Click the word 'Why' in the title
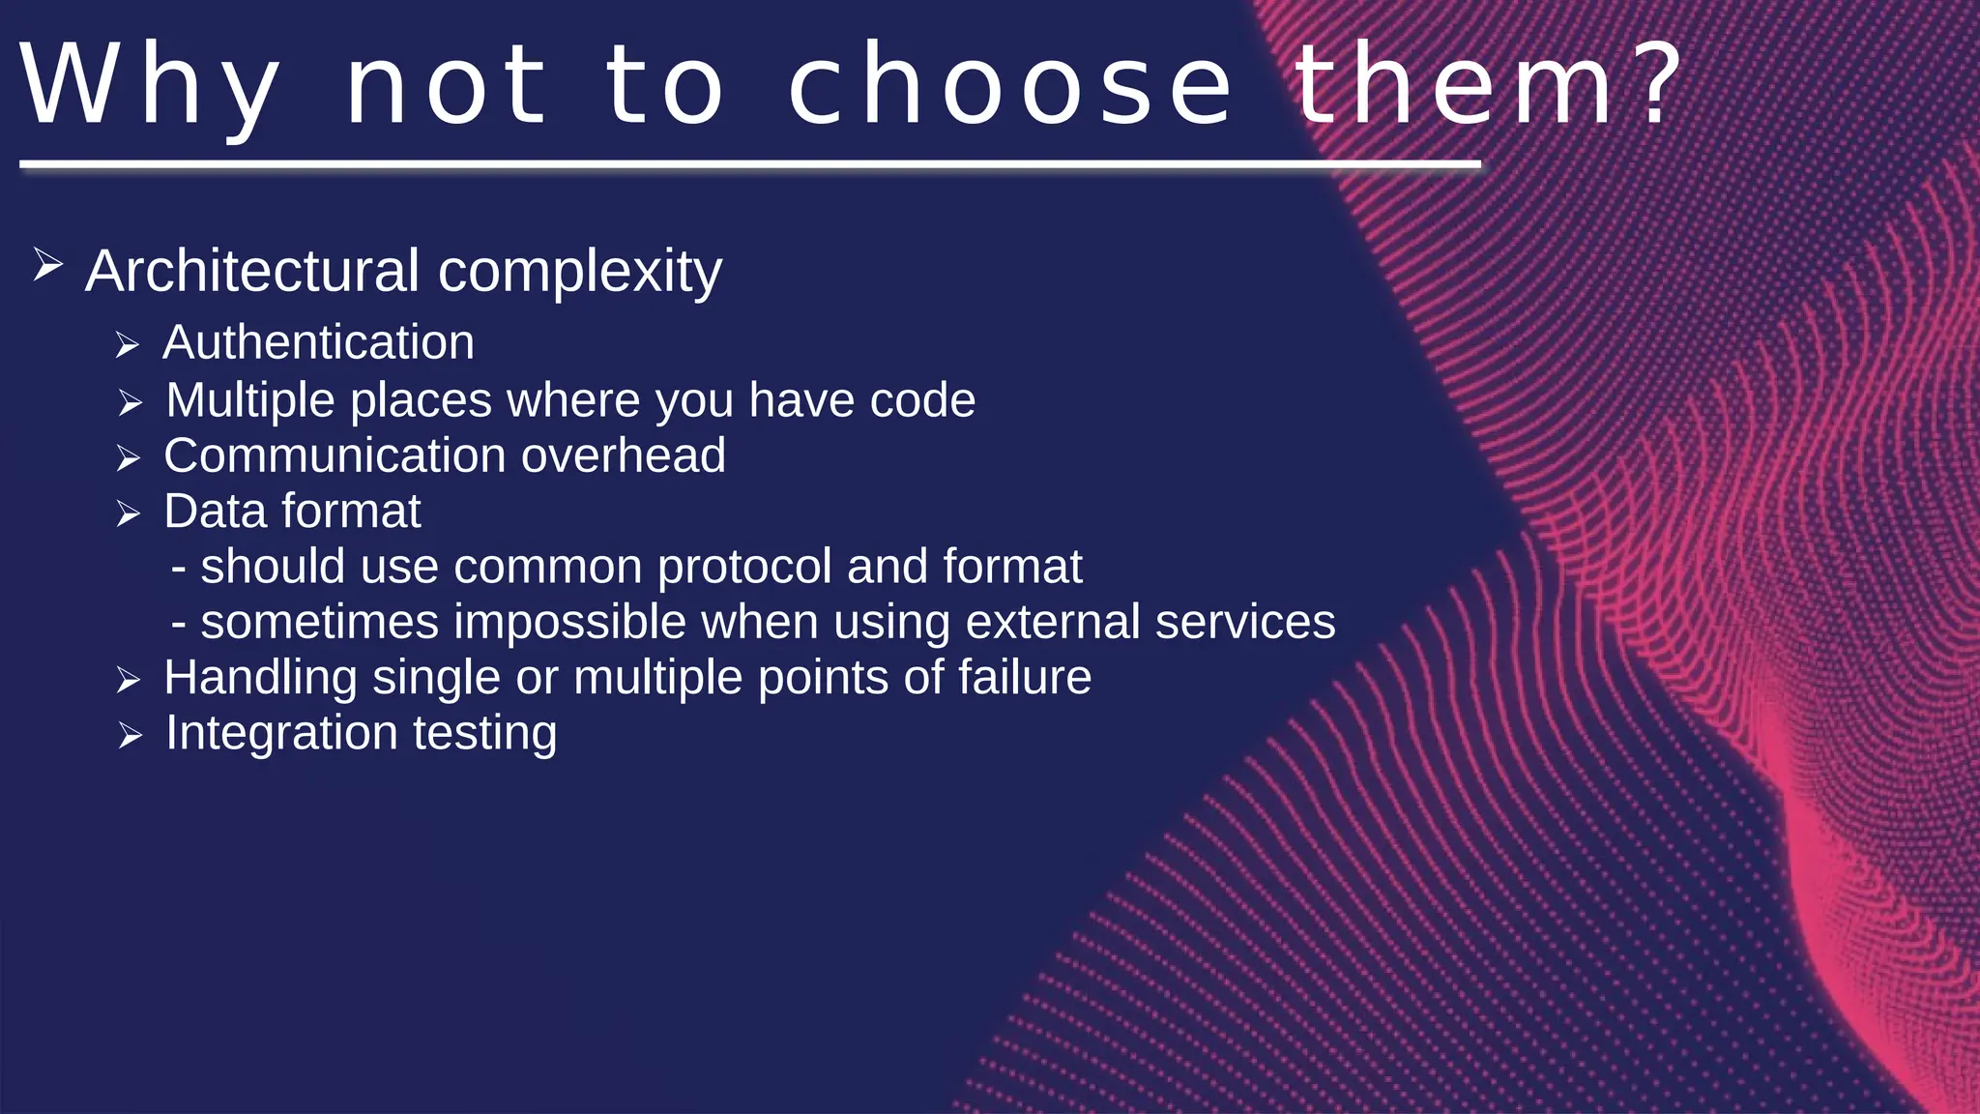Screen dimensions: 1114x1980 pos(150,87)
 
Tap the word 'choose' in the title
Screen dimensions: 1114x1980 pos(1009,87)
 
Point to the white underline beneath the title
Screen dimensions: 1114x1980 pos(749,165)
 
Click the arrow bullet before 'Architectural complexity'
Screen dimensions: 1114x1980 pos(47,264)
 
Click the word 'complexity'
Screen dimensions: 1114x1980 pos(579,273)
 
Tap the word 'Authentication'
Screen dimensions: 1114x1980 pos(318,342)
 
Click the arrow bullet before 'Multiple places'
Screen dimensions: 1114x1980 pos(131,402)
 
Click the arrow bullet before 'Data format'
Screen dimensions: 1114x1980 pos(129,513)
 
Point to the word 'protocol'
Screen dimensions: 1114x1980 pos(743,567)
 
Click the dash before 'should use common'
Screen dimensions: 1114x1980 pos(178,568)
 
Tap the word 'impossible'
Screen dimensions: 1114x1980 pos(569,622)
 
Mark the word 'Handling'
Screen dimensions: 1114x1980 pos(260,679)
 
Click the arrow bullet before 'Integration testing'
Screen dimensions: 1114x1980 pos(131,736)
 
